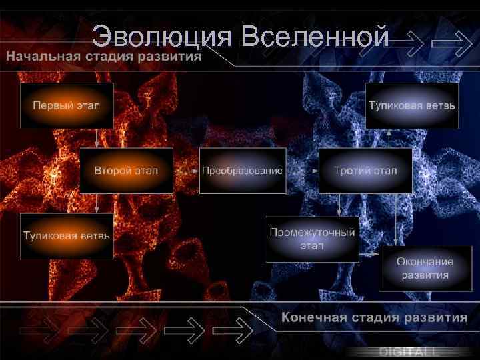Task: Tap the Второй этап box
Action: pos(126,171)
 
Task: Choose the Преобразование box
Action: pos(243,171)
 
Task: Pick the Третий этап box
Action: pos(365,171)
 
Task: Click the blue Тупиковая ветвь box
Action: pos(412,105)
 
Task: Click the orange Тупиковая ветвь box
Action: pos(67,236)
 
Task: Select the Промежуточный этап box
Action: pos(312,239)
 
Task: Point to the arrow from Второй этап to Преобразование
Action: pos(186,171)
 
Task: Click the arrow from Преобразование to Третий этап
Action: pos(302,171)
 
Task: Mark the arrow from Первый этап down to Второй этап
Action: pos(97,138)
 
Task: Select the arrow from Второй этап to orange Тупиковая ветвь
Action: pos(97,203)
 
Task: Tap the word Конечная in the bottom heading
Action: pos(313,317)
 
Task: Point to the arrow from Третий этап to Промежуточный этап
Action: pos(340,205)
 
